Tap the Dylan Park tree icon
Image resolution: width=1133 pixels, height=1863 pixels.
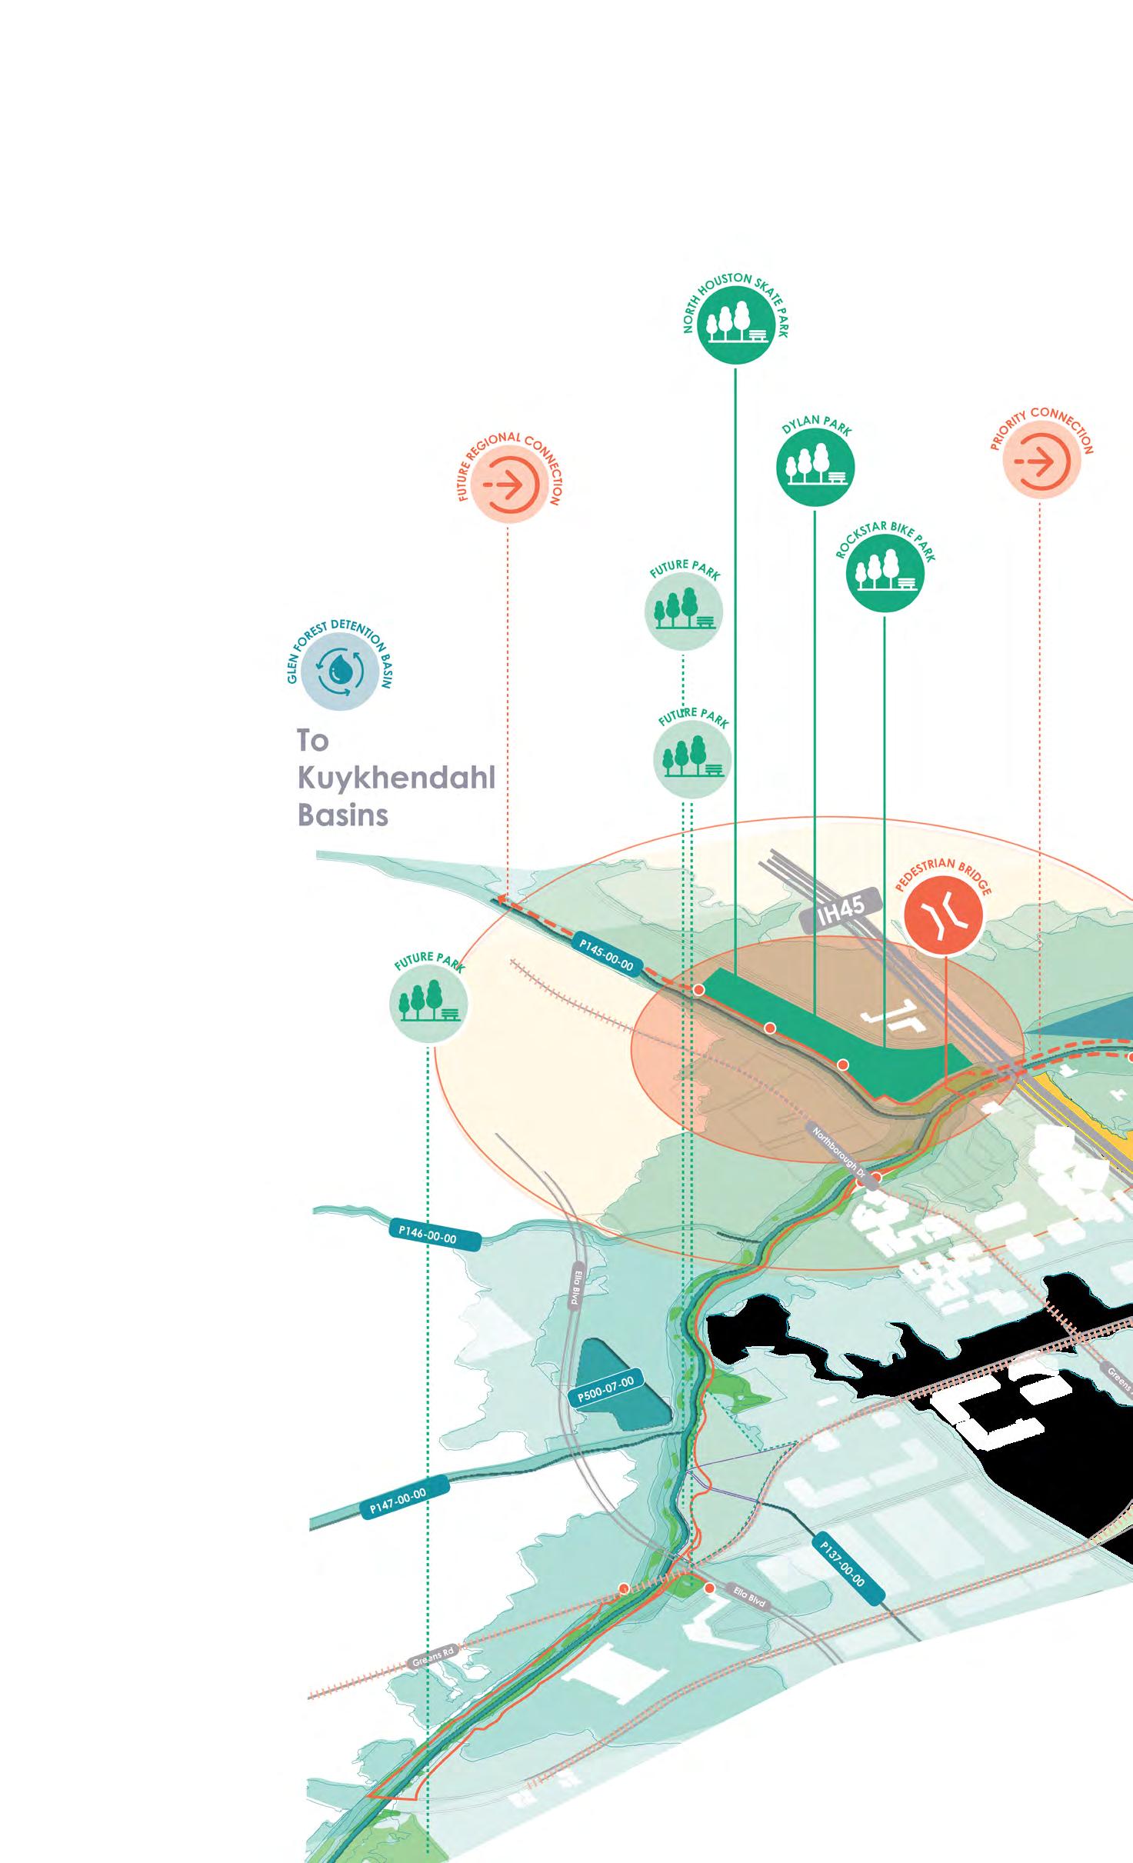(815, 467)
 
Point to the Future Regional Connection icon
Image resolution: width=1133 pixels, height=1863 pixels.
(508, 485)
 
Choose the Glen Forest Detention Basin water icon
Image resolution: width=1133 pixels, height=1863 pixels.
(339, 671)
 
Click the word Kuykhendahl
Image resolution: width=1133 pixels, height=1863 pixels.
(396, 778)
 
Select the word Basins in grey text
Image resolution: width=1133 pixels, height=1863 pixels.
(343, 815)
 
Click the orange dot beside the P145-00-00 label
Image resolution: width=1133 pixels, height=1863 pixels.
(699, 990)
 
